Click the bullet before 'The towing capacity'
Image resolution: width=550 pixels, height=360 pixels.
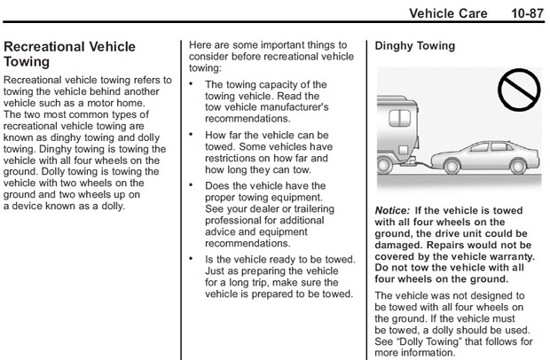point(194,85)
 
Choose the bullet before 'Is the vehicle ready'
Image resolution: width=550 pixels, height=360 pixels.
point(194,259)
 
